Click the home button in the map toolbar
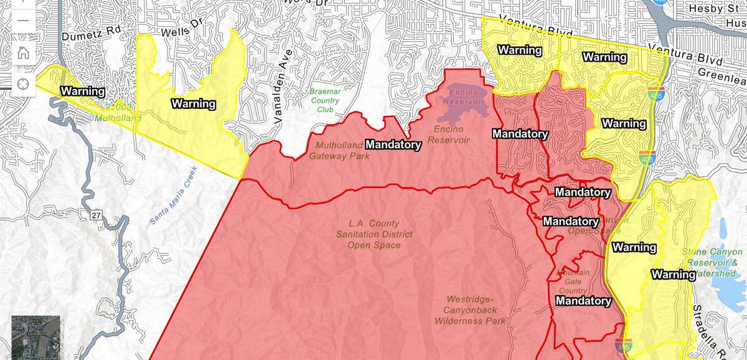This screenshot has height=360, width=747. point(22,52)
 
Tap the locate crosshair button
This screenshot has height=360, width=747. point(22,83)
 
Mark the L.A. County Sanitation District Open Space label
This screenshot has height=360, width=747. point(374,234)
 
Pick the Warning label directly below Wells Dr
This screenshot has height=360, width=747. point(194,103)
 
